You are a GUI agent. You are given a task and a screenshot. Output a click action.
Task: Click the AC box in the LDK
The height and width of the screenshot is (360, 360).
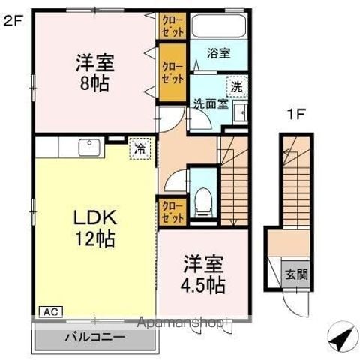tap(51, 312)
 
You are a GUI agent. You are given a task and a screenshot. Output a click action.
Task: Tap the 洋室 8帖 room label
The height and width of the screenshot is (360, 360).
tap(95, 73)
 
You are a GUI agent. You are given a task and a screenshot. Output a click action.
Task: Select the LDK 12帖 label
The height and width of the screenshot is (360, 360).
tap(95, 228)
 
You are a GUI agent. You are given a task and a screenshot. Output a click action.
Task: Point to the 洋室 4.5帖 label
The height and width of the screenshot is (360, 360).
tap(203, 274)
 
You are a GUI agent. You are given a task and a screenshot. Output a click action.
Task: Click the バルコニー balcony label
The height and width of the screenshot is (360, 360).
tap(95, 337)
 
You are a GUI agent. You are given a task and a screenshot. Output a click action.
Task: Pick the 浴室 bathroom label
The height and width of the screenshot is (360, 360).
tap(219, 53)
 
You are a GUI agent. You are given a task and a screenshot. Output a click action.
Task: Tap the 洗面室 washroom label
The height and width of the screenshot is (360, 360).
tap(211, 104)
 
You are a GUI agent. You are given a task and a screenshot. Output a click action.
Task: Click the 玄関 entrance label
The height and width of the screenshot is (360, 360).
tap(296, 274)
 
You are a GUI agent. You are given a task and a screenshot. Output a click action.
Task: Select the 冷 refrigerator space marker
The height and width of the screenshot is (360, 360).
tap(140, 148)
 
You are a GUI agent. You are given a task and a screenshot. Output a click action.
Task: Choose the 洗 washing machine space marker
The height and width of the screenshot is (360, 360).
tap(237, 87)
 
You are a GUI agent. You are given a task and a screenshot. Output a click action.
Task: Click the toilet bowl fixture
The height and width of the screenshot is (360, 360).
tap(203, 202)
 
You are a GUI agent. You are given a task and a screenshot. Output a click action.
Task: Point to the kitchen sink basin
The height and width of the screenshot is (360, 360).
tap(89, 148)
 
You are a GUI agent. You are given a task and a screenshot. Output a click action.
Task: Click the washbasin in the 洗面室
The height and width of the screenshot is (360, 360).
tap(241, 112)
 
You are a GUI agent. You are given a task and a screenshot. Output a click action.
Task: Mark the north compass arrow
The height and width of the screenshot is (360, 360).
tap(341, 336)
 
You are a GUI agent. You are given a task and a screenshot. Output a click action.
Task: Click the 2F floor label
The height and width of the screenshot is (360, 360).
tap(13, 22)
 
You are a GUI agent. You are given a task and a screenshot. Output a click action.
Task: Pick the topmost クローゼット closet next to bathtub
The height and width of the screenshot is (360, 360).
tap(172, 26)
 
